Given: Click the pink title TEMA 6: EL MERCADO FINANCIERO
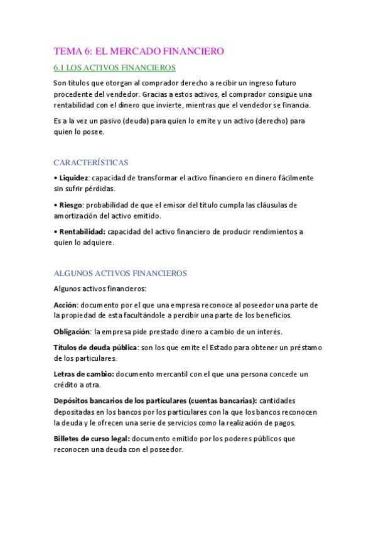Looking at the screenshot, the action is click(139, 52).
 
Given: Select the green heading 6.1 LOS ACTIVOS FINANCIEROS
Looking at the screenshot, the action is click(114, 67).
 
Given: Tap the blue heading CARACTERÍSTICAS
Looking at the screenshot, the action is click(91, 162).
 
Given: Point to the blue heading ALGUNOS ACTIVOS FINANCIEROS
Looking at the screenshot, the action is click(120, 273).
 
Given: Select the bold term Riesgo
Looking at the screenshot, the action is click(71, 205).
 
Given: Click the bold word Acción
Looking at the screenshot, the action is click(66, 305).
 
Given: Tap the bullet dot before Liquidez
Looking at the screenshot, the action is click(55, 178).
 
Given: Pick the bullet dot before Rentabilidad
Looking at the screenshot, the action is click(55, 232).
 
